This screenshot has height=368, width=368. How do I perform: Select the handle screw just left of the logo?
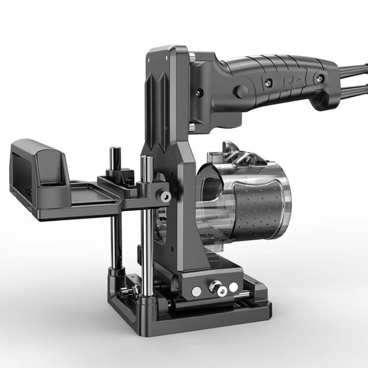[266, 81]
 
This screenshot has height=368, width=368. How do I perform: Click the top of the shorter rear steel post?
[114, 150]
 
